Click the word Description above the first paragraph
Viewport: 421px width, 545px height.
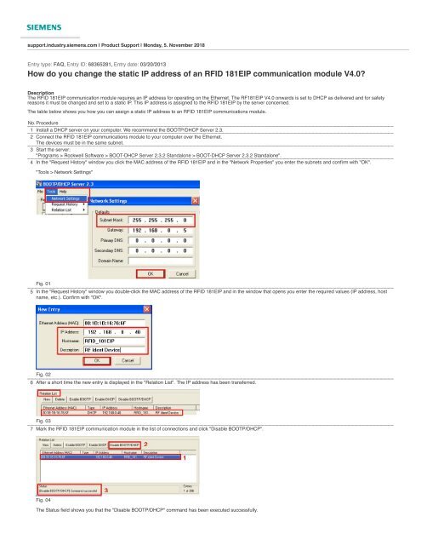pos(42,91)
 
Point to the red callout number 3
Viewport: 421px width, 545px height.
pos(105,490)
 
